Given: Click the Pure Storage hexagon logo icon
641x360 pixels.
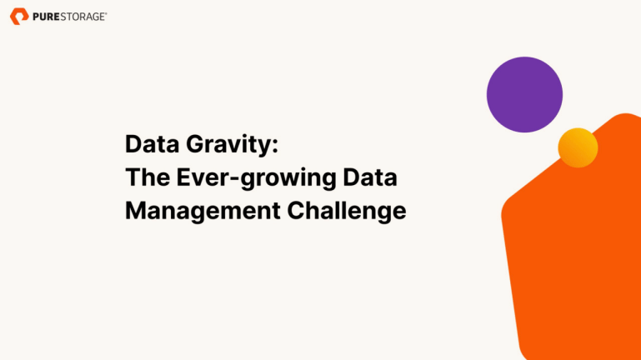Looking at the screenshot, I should point(19,16).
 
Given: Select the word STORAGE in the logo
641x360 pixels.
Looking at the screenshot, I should point(82,16).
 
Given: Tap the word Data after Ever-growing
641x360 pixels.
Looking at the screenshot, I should point(374,177).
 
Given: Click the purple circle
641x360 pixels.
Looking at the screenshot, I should point(524,94).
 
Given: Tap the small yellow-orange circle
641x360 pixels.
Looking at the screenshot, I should point(578,147).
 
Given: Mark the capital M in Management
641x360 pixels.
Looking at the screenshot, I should point(135,211).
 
